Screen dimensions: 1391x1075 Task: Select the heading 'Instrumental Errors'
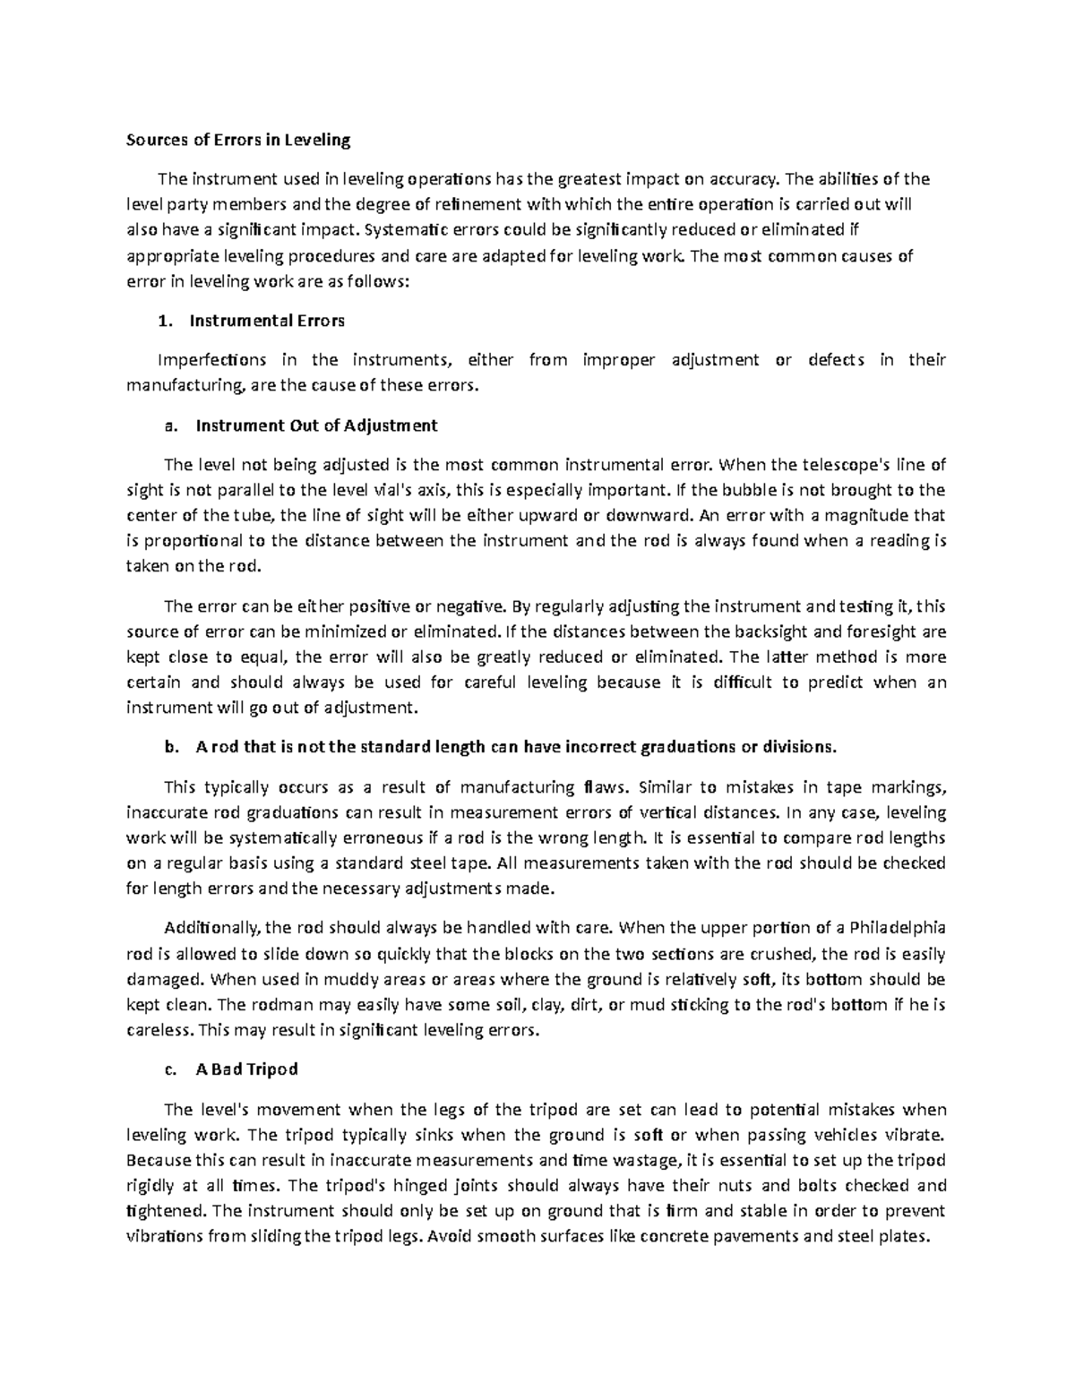(x=269, y=320)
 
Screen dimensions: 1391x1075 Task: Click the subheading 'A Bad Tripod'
(x=246, y=1069)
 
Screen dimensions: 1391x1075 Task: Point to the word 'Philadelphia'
(x=897, y=926)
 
